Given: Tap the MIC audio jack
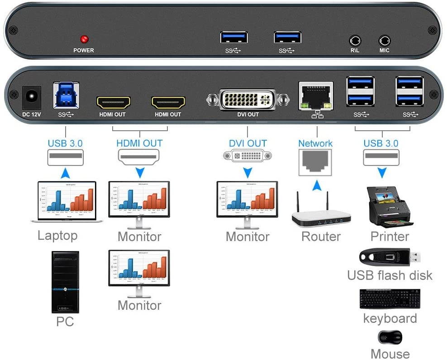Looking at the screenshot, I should pos(384,40).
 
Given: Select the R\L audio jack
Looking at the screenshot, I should pos(355,40).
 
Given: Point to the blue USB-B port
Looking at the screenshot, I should pos(66,95).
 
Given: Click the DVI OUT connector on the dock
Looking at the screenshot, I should pos(247,99).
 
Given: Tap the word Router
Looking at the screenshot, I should pos(321,237).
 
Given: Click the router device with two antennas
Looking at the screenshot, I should pos(321,212).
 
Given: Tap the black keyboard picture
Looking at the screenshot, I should pos(390,299).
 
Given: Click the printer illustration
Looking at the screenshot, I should pos(390,206).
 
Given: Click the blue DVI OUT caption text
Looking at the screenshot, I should pos(247,143).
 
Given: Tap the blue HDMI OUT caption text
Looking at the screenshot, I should pos(139,143).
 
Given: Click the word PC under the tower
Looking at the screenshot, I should pos(65,322).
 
